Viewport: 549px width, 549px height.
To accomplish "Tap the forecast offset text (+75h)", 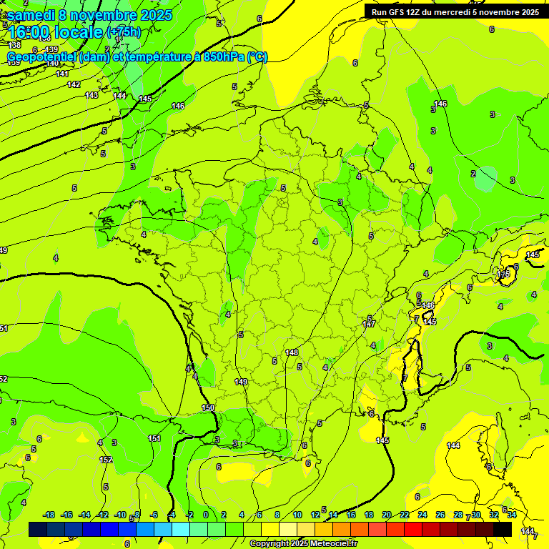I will tap(124, 32).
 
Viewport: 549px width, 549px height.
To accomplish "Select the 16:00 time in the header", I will tap(29, 32).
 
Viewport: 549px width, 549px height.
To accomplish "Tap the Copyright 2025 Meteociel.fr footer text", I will tap(304, 544).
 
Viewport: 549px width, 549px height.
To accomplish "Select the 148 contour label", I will tap(292, 352).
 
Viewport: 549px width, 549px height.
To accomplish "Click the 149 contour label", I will tap(241, 382).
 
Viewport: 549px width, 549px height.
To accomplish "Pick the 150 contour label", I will tap(207, 407).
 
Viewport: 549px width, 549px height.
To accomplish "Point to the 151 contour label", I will tap(154, 438).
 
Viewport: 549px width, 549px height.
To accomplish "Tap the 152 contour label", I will tap(106, 460).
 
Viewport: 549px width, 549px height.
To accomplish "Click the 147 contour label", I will tap(369, 324).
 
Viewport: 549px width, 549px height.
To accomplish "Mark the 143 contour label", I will tap(91, 95).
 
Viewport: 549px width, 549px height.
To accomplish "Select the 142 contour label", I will tap(74, 84).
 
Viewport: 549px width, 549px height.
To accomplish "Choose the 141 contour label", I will tap(62, 74).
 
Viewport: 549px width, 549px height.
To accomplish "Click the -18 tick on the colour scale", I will tap(49, 515).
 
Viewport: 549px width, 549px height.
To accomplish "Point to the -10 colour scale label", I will tap(121, 515).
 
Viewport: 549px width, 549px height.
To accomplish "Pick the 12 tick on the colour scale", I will tap(315, 515).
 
